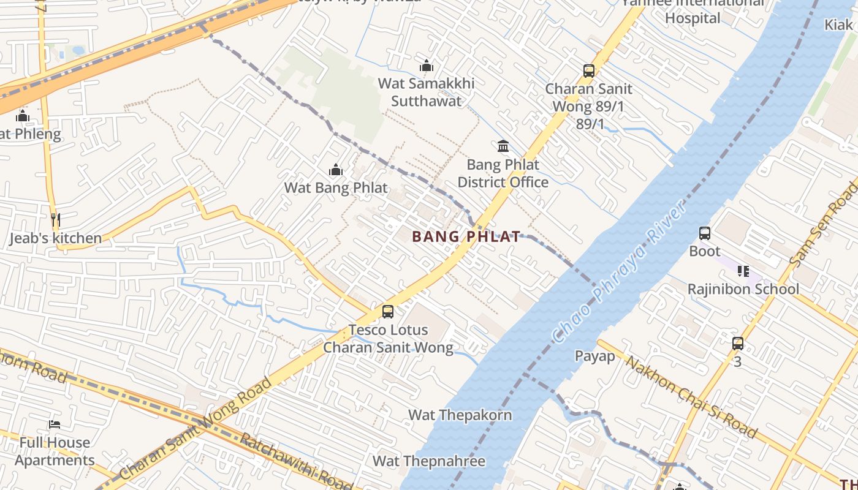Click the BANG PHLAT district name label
coord(466,236)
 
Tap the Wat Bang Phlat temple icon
coord(336,170)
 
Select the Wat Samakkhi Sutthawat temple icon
coord(427,66)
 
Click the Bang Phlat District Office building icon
coord(503,146)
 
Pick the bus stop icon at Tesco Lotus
coord(388,312)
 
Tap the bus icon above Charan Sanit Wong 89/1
coord(589,71)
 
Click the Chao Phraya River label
coord(619,273)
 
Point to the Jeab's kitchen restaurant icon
coord(56,220)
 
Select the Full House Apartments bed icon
coord(55,424)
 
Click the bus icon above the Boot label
coord(705,233)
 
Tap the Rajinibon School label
coord(743,289)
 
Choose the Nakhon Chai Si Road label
coord(691,397)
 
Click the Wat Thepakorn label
coord(460,415)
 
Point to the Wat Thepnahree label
coord(429,461)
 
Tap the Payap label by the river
coord(594,356)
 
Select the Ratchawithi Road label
coord(294,461)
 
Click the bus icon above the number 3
coord(738,344)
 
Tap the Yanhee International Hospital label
coord(693,10)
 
